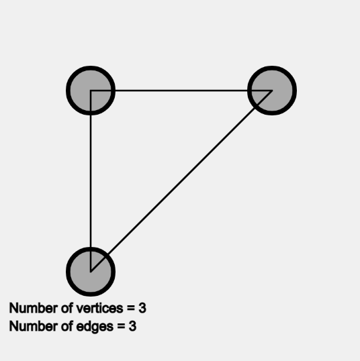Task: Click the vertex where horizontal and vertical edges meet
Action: tap(91, 91)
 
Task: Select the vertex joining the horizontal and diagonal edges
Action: tap(272, 91)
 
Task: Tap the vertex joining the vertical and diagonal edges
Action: tap(91, 272)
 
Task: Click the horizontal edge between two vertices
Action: tap(181, 91)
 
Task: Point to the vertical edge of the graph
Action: tap(91, 181)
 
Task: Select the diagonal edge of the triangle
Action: tap(181, 181)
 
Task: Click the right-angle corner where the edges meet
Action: tap(91, 91)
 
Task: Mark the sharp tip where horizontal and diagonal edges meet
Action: tap(272, 91)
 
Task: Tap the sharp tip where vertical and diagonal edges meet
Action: tap(91, 272)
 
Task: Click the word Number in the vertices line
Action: tap(34, 308)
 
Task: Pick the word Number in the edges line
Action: tap(34, 326)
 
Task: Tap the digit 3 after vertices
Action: tap(142, 308)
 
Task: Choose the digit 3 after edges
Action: tap(132, 326)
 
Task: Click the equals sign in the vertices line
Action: tap(131, 309)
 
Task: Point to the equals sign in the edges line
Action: tap(121, 327)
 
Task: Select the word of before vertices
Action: tap(67, 308)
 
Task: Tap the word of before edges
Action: tap(67, 326)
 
